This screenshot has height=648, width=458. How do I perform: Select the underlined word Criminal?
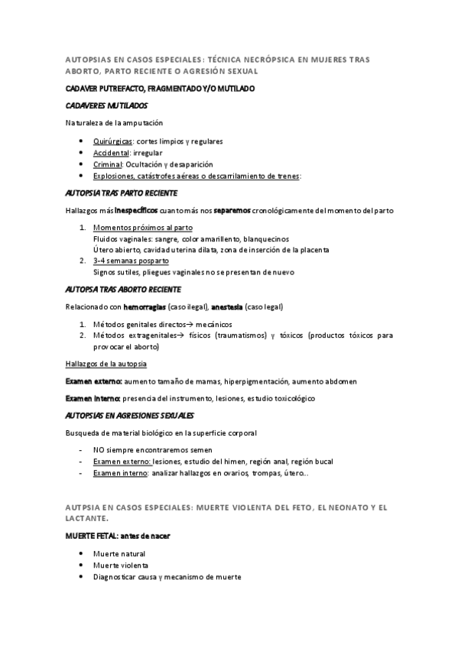coord(108,164)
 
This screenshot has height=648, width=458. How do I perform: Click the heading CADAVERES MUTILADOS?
coord(107,105)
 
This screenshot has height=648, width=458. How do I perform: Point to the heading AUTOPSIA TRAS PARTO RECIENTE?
coord(122,193)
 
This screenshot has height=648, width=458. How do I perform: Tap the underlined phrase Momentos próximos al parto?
coord(143,228)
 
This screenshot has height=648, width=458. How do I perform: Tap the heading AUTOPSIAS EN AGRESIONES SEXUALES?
coord(130,416)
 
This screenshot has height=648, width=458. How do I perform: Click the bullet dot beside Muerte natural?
coord(82,554)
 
